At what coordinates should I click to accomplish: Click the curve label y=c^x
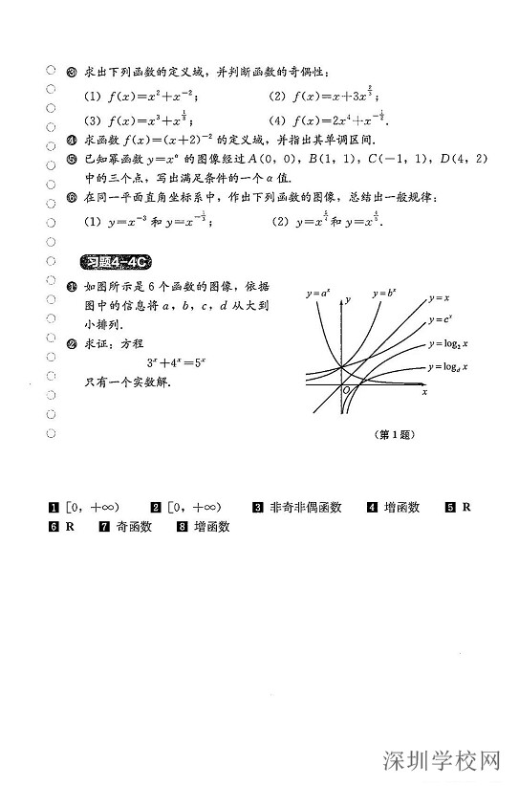[442, 319]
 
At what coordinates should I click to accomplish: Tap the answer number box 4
[372, 508]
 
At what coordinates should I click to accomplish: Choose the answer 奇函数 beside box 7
[133, 526]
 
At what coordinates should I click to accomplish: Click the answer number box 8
[180, 526]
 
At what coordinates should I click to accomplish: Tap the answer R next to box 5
[466, 508]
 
